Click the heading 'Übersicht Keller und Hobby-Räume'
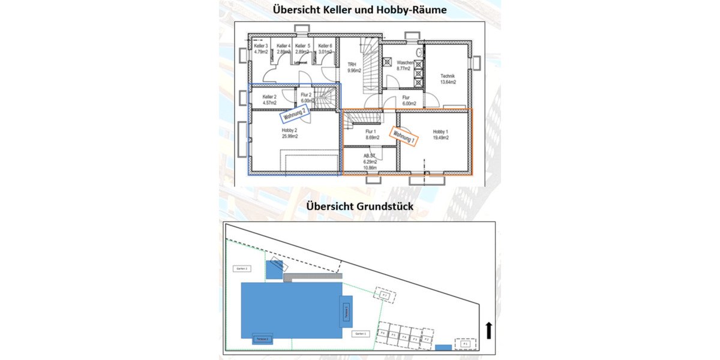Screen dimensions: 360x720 [359, 10]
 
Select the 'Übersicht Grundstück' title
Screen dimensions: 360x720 [359, 205]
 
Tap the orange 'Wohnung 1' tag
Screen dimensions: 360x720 [404, 136]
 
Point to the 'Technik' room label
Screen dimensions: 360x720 [448, 76]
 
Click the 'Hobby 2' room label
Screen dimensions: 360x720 [290, 130]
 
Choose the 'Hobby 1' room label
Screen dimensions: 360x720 [440, 131]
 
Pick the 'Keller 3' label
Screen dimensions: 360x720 [260, 46]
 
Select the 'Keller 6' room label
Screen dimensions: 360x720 [325, 46]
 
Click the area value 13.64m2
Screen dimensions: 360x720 [448, 82]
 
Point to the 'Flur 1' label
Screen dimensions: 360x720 [370, 131]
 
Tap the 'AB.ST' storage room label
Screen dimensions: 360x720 [370, 155]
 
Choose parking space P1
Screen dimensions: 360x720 [465, 344]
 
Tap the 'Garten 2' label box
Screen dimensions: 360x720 [242, 269]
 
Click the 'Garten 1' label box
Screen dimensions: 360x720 [360, 333]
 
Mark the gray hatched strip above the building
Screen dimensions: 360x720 [313, 277]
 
